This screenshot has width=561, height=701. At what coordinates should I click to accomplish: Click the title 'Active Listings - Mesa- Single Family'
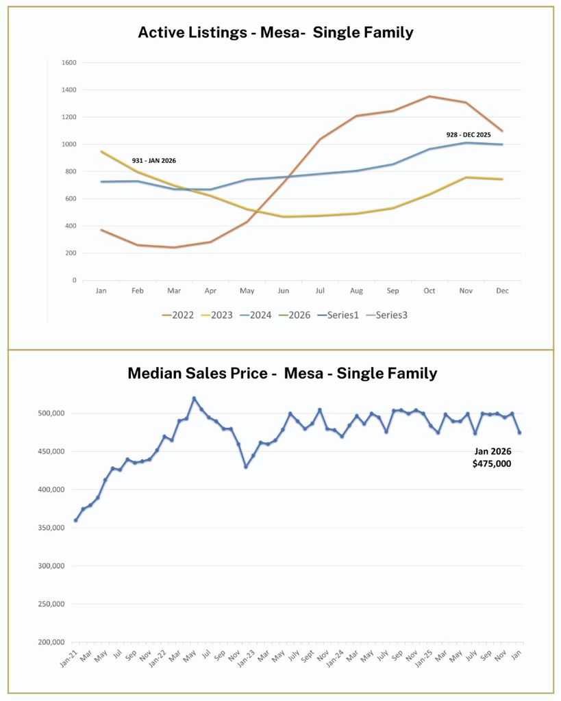point(275,31)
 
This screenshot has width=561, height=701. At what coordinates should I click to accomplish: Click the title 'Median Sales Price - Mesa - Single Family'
point(282,373)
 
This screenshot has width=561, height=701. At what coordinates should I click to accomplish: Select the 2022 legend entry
point(178,315)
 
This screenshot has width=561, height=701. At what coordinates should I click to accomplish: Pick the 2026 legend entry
point(295,315)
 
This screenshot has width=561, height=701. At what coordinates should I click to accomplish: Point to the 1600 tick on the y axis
point(69,63)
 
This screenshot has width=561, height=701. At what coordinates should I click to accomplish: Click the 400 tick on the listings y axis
point(71,226)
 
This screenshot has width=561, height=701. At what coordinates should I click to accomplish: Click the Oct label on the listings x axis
point(429,291)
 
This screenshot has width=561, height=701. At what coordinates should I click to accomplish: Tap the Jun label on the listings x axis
point(284,291)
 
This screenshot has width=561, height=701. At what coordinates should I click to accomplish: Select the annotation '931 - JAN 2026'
point(154,161)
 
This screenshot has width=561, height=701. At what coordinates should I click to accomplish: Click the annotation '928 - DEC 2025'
point(469,135)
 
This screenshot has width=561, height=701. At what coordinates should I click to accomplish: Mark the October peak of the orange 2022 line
point(429,97)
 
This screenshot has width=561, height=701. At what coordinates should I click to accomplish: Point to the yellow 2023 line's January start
point(101,151)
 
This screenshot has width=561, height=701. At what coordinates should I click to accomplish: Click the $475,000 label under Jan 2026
point(492,463)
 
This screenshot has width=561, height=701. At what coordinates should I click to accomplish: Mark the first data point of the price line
point(75,520)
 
